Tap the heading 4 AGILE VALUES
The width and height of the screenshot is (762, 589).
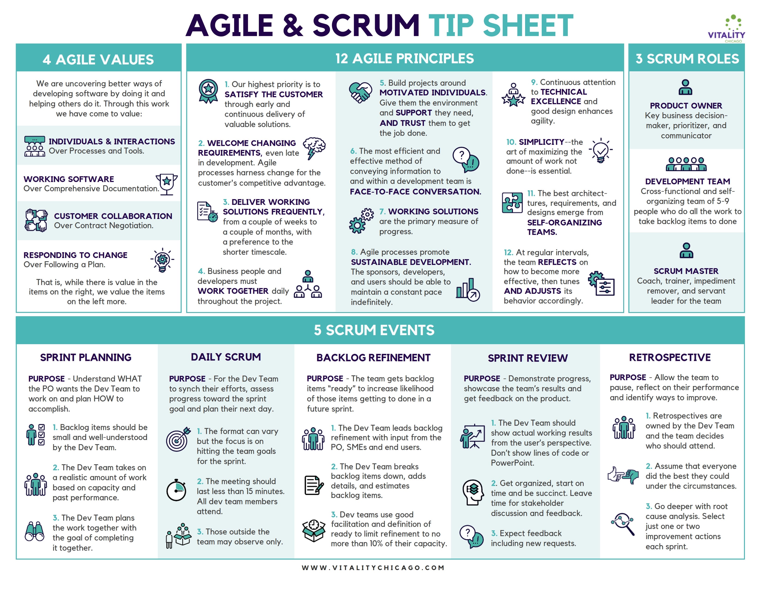pyautogui.click(x=98, y=59)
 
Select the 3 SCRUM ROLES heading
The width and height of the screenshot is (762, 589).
pyautogui.click(x=687, y=59)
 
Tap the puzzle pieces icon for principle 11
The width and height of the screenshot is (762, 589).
pyautogui.click(x=512, y=202)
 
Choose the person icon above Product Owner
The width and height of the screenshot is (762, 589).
pyautogui.click(x=686, y=87)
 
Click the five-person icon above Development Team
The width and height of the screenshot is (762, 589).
pyautogui.click(x=686, y=164)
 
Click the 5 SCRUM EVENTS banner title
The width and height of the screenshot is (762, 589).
pyautogui.click(x=374, y=330)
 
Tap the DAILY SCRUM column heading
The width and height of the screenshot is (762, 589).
pyautogui.click(x=226, y=357)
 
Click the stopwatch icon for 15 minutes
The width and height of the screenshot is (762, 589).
pyautogui.click(x=176, y=490)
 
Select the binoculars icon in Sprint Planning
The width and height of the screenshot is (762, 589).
pyautogui.click(x=35, y=531)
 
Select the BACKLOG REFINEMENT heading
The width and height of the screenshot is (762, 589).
pyautogui.click(x=373, y=358)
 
